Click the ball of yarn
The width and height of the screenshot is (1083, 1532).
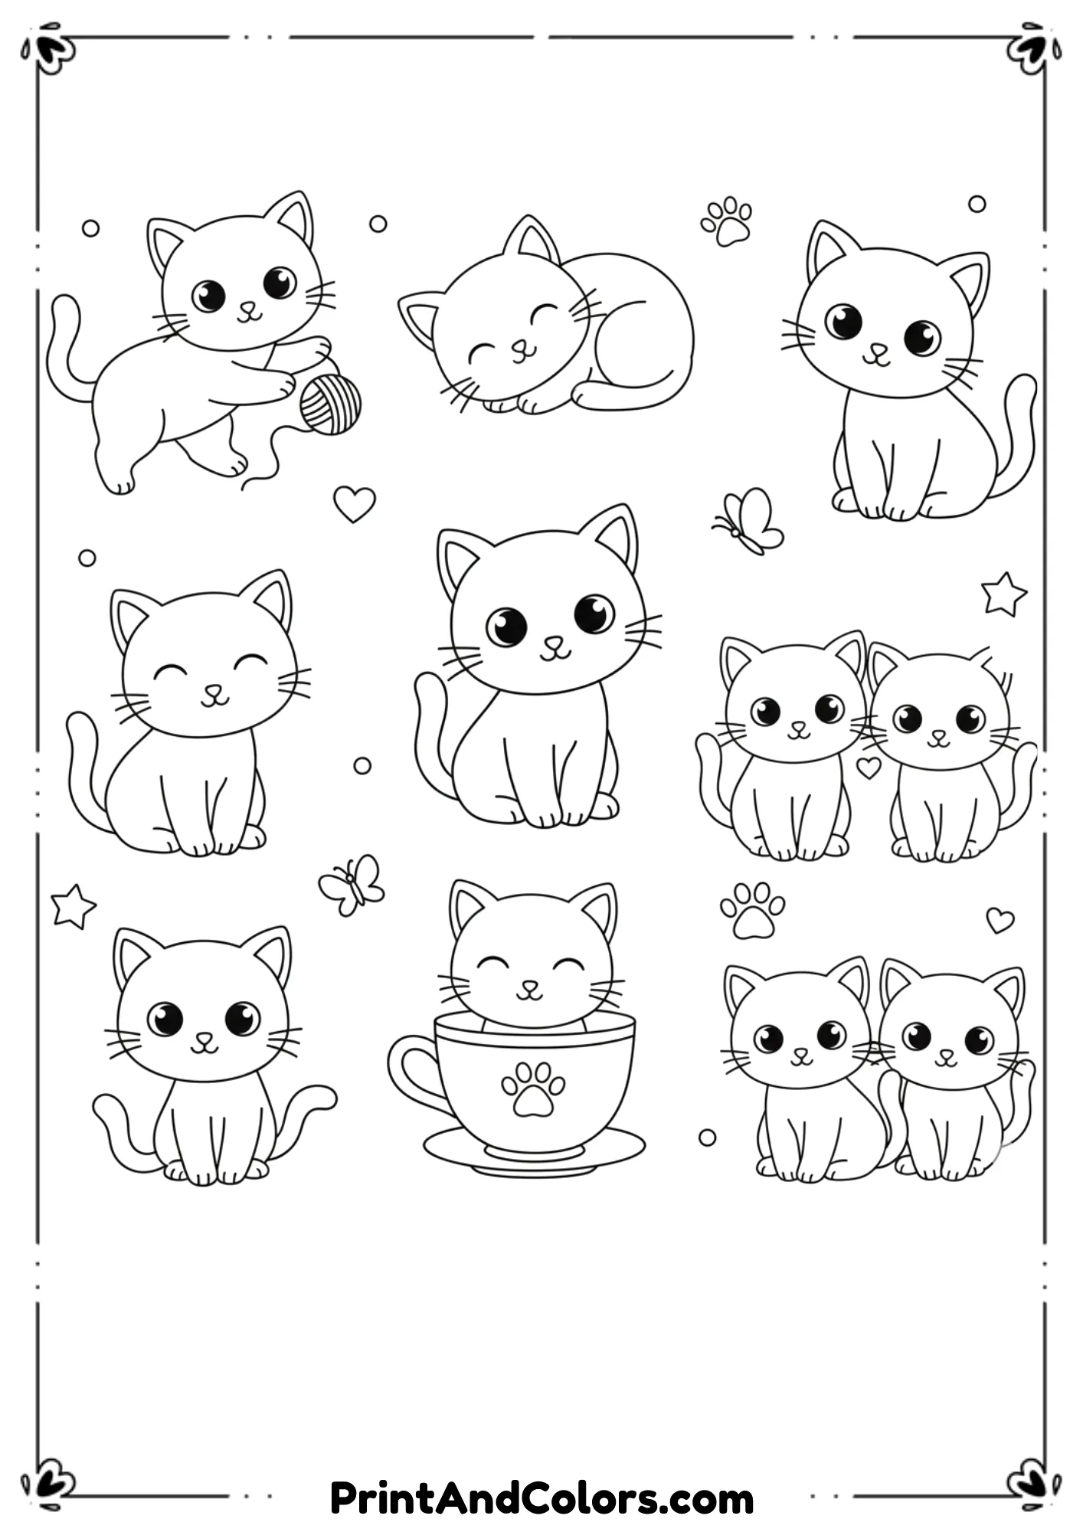coord(330,404)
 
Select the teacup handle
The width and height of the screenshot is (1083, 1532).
coord(410,1069)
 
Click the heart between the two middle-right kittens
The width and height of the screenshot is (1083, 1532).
coord(868,767)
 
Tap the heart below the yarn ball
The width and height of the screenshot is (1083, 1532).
coord(354,504)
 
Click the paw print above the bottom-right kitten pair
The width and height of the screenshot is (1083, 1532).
coord(752,910)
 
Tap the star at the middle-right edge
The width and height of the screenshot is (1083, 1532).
coord(1003,594)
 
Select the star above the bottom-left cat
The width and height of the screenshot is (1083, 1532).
coord(73,905)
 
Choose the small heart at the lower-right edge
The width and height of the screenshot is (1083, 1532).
coord(1000,920)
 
